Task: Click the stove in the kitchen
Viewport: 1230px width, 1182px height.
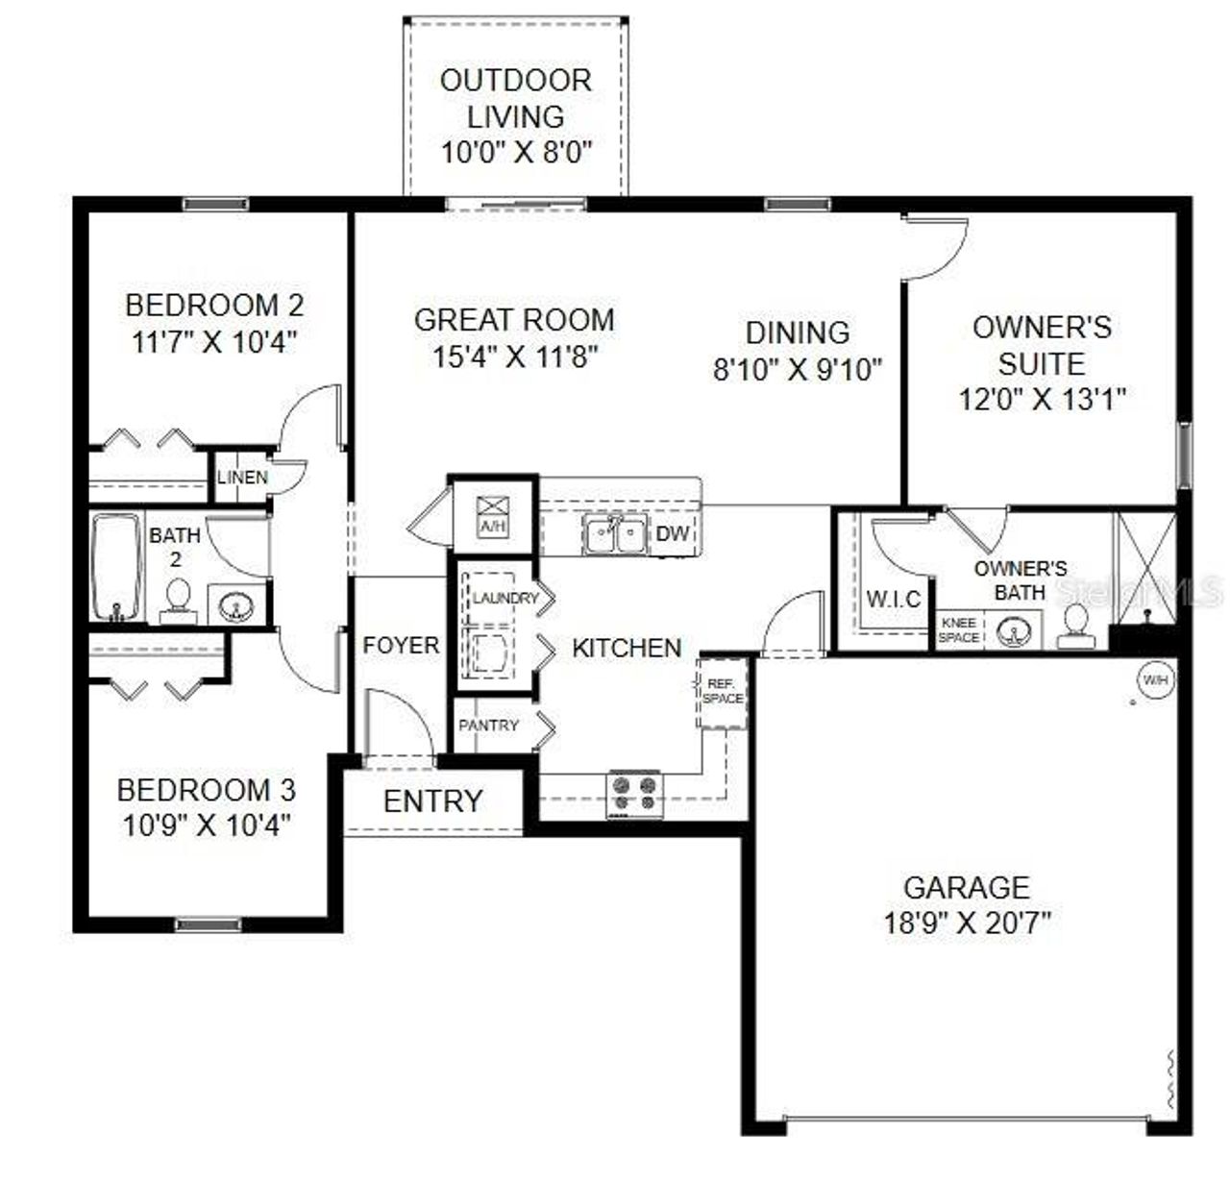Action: point(635,795)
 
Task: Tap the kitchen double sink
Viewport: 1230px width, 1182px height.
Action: point(616,535)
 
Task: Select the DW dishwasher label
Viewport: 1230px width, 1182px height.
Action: point(673,532)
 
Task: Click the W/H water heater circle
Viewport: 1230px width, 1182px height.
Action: point(1154,679)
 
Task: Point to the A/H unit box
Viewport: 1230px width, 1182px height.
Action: point(492,514)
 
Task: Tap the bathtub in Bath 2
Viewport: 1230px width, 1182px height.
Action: point(116,568)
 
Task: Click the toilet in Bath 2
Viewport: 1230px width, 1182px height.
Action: point(177,601)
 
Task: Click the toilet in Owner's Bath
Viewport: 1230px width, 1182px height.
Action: point(1075,625)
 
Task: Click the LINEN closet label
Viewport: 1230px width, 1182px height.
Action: point(242,478)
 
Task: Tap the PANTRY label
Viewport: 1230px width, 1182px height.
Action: point(488,726)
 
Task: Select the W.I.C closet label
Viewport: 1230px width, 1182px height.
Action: point(894,600)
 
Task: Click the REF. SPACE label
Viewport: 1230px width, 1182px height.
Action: point(722,691)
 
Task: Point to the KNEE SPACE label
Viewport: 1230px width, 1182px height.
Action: point(959,630)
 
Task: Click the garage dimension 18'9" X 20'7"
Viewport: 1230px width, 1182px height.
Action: point(967,923)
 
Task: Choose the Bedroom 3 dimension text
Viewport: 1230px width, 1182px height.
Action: point(207,825)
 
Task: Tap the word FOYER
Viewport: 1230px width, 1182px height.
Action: point(401,646)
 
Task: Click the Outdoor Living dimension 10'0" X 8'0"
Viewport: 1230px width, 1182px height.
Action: point(515,152)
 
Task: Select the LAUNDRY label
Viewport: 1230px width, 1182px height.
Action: point(505,599)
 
